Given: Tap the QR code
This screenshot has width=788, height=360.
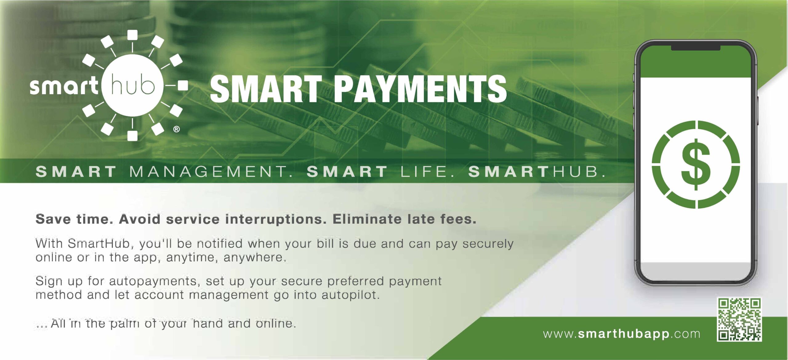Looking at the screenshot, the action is [x=739, y=319].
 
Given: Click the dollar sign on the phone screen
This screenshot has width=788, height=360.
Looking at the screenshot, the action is [x=696, y=165].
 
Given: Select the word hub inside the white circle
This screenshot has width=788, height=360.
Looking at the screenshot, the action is [x=132, y=85].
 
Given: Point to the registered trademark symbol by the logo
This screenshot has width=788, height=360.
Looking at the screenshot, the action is [x=176, y=129].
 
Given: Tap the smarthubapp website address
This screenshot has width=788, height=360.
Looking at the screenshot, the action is [x=622, y=334].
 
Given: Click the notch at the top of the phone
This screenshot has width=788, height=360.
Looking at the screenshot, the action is [x=696, y=47].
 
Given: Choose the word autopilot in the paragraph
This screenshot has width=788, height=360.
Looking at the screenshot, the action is [x=351, y=295].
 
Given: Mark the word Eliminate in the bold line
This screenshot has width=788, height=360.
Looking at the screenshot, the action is [x=367, y=219].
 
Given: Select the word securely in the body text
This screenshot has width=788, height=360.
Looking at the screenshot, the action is [x=488, y=244].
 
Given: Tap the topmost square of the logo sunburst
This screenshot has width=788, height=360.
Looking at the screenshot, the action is [x=132, y=35].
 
